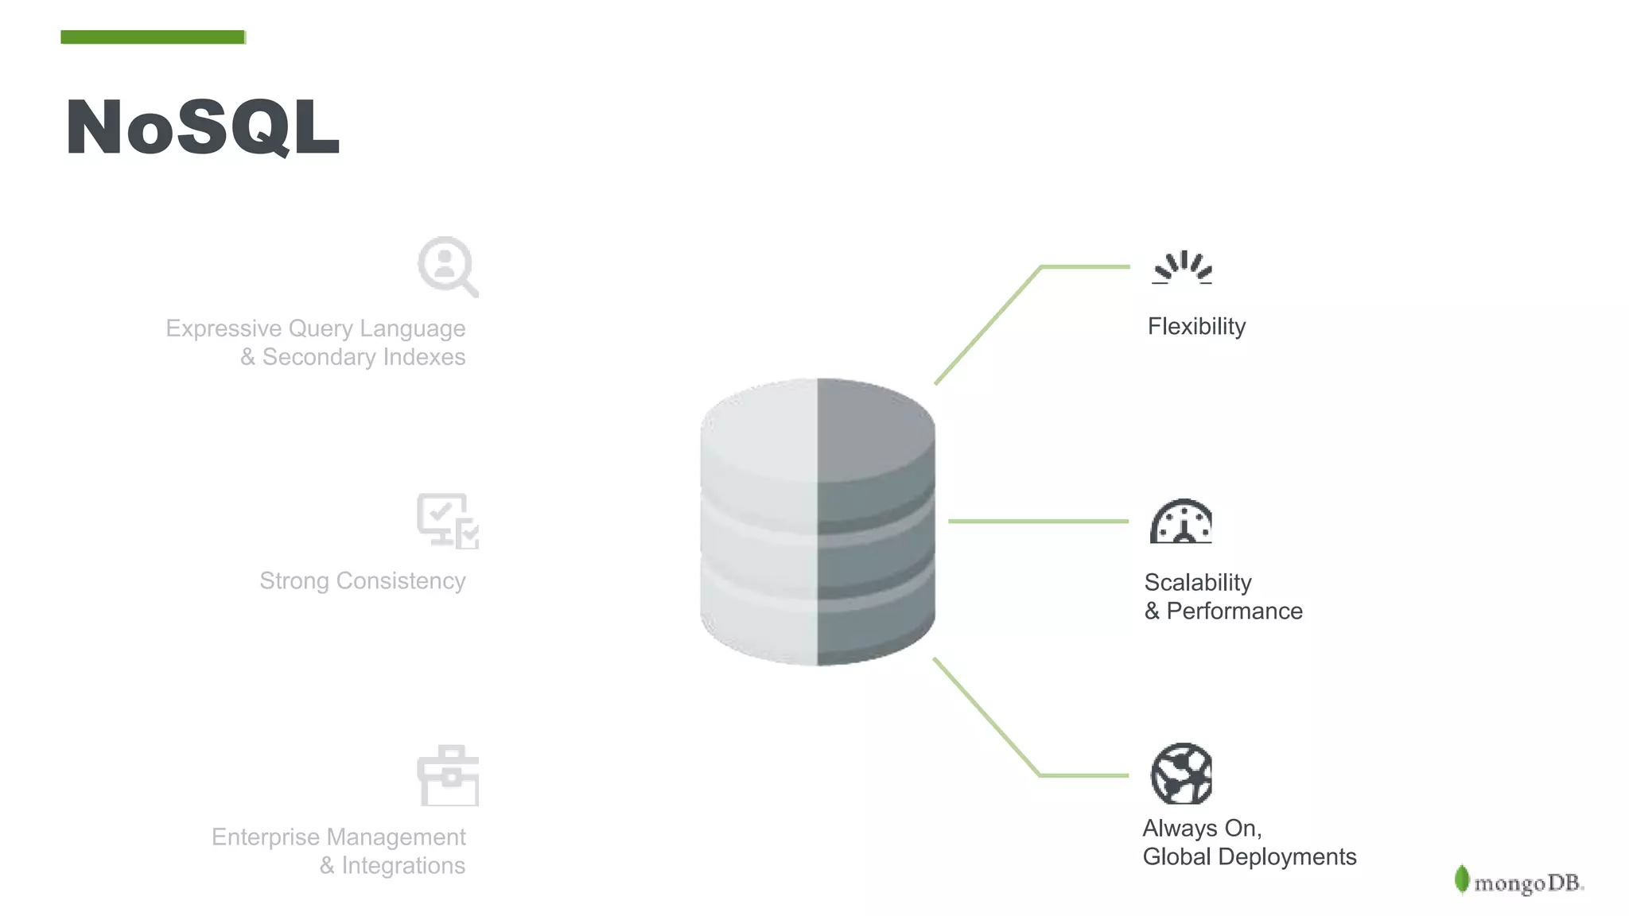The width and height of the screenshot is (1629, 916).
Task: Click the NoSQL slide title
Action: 203,127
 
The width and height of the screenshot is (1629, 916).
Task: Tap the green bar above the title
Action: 153,37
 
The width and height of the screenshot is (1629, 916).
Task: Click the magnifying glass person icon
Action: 447,266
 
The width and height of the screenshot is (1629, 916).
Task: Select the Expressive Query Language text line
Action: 316,328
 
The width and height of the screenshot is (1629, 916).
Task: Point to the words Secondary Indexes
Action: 364,357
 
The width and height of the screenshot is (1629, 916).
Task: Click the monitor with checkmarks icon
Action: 448,521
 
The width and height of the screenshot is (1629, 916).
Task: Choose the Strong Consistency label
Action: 363,581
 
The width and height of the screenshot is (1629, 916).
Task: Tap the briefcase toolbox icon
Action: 449,776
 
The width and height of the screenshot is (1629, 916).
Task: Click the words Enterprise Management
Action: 339,837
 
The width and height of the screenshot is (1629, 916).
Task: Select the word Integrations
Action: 403,866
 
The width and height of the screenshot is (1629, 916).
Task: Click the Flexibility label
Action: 1196,327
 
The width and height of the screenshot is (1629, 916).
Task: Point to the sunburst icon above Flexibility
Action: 1182,268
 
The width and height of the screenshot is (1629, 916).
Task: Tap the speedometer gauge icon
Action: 1181,522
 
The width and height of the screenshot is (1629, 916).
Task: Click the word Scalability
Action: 1198,583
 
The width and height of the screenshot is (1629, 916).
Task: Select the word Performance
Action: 1234,611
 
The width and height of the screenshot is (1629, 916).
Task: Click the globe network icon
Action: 1181,774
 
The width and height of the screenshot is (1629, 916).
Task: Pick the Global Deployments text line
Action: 1250,857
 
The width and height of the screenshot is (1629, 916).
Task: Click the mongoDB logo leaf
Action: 1461,879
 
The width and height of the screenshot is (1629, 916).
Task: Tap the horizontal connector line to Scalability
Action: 1038,522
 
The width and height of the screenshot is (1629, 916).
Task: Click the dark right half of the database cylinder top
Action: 875,429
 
